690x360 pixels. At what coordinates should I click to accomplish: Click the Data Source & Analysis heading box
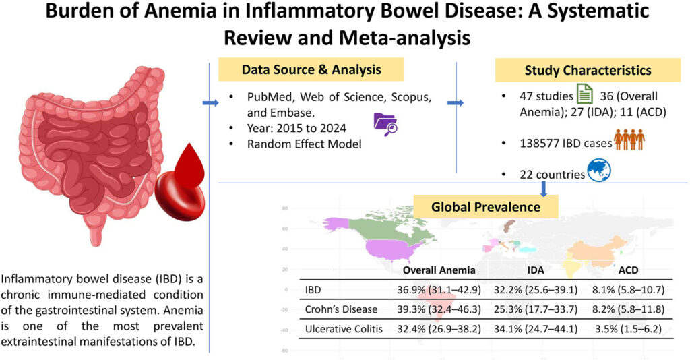pyautogui.click(x=311, y=69)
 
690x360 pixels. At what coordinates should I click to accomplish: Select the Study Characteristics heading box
pyautogui.click(x=582, y=70)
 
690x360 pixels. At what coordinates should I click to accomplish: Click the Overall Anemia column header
pyautogui.click(x=439, y=270)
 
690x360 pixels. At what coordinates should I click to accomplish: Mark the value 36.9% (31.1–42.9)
pyautogui.click(x=439, y=290)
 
